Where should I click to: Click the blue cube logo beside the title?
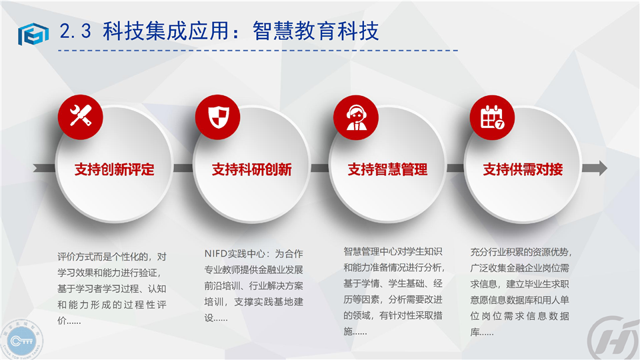33,33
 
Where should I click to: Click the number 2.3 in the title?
75,31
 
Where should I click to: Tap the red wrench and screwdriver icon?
81,117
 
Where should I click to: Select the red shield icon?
218,117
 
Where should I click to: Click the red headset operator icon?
356,117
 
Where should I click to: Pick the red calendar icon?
492,117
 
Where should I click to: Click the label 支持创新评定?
114,169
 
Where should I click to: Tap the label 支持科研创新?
252,169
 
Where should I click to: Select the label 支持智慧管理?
387,169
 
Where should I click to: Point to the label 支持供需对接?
523,169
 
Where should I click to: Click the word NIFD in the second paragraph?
215,254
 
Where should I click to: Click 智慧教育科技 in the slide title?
315,31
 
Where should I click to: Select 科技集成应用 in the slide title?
165,31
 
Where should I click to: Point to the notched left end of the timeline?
37,168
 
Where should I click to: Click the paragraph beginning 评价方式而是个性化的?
112,289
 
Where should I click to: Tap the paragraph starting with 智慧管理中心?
393,291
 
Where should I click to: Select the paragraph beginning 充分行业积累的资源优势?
521,292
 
